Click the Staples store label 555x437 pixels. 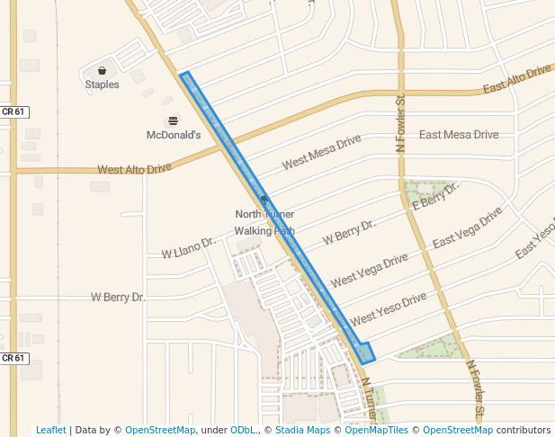102,85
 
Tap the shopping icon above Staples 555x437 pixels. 102,70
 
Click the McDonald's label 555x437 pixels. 174,135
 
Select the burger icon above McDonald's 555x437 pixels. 174,120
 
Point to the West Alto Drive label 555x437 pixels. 134,168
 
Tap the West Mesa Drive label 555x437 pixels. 321,152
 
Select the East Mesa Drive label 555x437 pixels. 459,135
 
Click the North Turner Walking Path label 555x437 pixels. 264,222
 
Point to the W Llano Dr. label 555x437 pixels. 188,247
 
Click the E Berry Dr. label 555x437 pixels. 435,195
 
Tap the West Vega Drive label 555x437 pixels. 369,270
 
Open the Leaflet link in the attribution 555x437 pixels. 50,430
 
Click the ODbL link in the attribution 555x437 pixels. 243,430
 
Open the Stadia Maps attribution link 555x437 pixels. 301,430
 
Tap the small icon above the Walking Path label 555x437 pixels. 264,199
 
